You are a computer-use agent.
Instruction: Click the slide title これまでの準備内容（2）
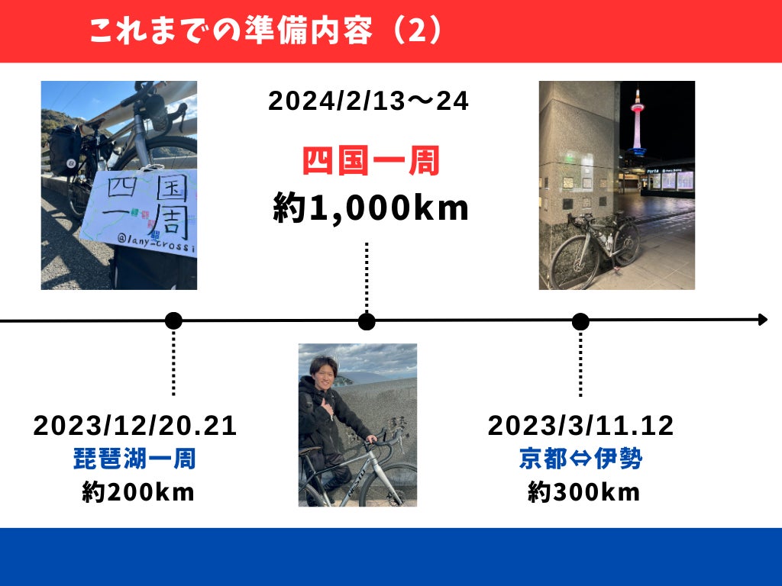[266, 31]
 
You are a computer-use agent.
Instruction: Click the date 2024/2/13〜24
[368, 101]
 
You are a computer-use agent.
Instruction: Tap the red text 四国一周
[371, 160]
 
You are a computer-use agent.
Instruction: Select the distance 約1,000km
[370, 208]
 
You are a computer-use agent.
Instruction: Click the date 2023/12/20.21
[134, 426]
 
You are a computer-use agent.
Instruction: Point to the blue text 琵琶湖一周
[134, 459]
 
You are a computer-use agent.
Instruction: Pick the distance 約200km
[137, 492]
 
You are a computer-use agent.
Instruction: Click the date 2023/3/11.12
[580, 426]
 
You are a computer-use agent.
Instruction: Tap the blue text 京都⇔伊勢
[580, 459]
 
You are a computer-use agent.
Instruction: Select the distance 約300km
[583, 492]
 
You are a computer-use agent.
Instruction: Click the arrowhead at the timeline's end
[763, 320]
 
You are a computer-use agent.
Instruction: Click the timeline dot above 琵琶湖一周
[173, 321]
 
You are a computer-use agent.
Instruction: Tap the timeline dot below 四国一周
[367, 321]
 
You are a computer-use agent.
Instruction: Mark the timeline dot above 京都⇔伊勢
[580, 322]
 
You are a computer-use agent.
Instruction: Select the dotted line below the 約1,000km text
[367, 276]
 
